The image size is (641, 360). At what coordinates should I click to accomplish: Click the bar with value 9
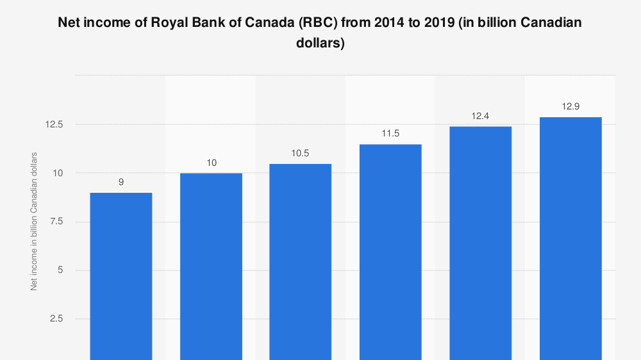(x=121, y=275)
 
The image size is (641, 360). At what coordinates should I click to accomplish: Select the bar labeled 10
(x=211, y=266)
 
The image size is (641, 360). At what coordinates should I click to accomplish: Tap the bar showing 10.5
(x=301, y=261)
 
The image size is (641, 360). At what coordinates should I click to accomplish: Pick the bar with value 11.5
(x=390, y=252)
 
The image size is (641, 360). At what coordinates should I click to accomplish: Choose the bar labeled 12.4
(x=480, y=243)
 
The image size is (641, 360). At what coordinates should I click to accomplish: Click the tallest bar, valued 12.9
(x=570, y=238)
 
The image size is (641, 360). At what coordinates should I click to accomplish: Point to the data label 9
(x=121, y=183)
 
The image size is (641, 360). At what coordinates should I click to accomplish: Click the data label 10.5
(x=301, y=154)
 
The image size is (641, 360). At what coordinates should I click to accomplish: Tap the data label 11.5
(x=390, y=135)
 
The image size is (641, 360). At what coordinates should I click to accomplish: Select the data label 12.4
(x=480, y=117)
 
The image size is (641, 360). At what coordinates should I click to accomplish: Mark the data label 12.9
(x=570, y=107)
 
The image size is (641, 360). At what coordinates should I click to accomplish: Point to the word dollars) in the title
(x=320, y=44)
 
